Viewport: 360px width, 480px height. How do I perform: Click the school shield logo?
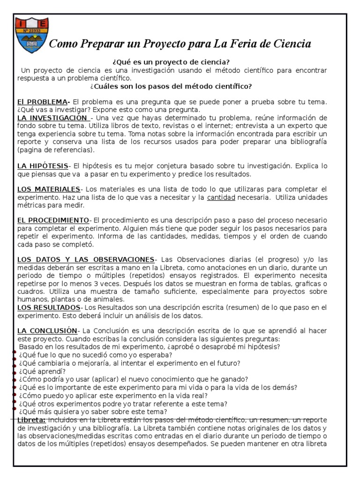coord(31,35)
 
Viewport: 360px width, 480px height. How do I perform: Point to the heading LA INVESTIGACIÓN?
coord(53,117)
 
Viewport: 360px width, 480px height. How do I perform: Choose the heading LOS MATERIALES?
coord(49,189)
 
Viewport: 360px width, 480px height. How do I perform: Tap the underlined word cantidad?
coord(221,197)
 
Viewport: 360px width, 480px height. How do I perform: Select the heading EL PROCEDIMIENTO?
coord(53,220)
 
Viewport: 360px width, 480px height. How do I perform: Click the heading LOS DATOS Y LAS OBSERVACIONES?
coord(86,259)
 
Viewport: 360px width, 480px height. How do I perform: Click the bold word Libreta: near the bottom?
coord(31,420)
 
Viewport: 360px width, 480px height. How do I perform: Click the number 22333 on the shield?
coord(32,31)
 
